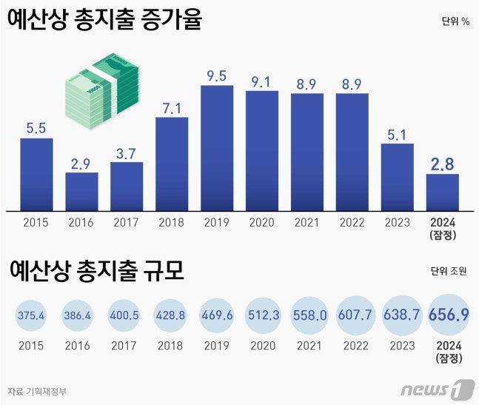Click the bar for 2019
point(217,148)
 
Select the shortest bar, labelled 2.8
point(443,192)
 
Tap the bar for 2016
point(81,191)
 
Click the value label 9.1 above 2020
point(262,78)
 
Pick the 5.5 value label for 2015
point(36,127)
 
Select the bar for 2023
point(398,176)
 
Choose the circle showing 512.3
point(263,315)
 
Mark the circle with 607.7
point(354,315)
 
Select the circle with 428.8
point(172,315)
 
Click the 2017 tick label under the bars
point(127,221)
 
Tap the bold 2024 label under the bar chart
point(443,221)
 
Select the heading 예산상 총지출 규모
point(97,272)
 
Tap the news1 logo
point(437,389)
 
